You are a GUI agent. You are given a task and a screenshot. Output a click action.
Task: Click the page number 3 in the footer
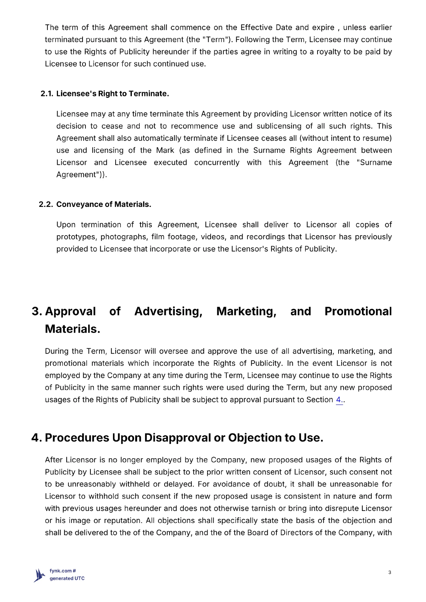389,572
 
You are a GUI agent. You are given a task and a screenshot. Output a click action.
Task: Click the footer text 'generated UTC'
67,578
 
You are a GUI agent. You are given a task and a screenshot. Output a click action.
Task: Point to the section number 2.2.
46,204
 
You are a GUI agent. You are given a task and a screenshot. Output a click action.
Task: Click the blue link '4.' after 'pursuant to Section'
339,400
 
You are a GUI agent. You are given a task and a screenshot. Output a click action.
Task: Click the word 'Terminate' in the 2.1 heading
148,94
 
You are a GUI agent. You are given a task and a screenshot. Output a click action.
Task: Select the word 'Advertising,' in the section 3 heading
168,311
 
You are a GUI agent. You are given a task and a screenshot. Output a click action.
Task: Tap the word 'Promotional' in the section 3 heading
358,311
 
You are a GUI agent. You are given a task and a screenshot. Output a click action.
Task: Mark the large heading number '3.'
37,311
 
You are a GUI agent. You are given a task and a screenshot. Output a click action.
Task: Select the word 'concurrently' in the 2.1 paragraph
217,163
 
